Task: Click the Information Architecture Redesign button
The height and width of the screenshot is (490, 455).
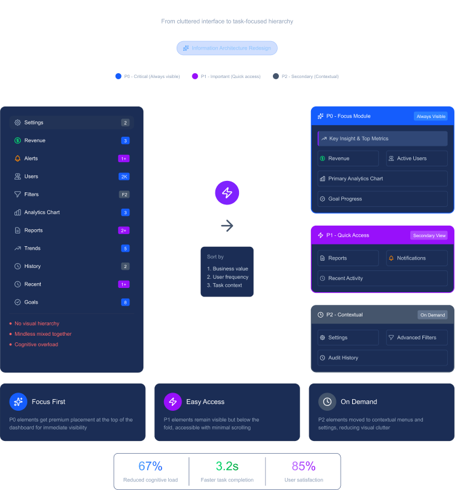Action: click(x=227, y=48)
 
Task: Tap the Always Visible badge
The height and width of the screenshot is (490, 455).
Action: click(x=431, y=116)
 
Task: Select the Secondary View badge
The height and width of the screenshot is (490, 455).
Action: click(x=429, y=235)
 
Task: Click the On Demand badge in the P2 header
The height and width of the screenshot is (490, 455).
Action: click(x=433, y=315)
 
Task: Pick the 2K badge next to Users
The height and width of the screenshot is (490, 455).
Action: click(x=124, y=177)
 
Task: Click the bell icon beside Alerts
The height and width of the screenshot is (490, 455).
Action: click(x=18, y=158)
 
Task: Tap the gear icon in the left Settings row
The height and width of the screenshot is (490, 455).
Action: click(x=18, y=123)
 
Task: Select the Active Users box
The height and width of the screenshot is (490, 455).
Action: click(x=417, y=158)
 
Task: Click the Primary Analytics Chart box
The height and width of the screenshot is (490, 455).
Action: click(x=382, y=179)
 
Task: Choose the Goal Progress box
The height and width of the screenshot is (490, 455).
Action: click(x=382, y=199)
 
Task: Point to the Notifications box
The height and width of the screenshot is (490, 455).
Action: click(x=417, y=258)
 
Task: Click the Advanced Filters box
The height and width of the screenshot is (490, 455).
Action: click(x=417, y=338)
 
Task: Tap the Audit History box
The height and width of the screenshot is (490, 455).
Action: click(x=382, y=358)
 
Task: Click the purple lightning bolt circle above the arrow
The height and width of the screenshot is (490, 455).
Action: click(x=227, y=193)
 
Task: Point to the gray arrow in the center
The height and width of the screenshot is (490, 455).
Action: click(x=227, y=226)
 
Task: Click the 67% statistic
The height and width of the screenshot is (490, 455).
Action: click(x=150, y=466)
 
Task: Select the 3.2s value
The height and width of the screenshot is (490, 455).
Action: click(x=227, y=466)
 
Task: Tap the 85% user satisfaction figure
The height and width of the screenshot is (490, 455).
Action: click(x=304, y=466)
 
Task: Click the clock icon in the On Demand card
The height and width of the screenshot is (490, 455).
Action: click(x=327, y=402)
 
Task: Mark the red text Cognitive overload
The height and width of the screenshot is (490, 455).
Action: click(x=36, y=345)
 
